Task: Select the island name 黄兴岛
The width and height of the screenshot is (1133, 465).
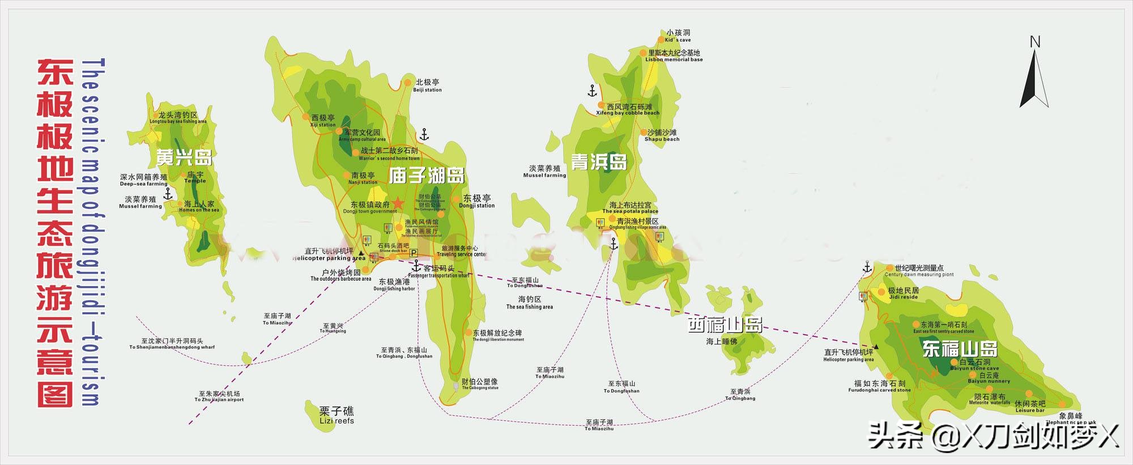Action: (184, 157)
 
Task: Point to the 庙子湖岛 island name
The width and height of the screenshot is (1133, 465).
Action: (427, 176)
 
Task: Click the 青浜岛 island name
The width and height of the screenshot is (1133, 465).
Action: (599, 162)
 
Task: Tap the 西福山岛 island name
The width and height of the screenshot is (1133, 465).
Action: (725, 325)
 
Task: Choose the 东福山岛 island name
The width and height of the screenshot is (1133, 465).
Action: (960, 348)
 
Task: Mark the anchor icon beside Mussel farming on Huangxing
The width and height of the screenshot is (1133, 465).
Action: (168, 194)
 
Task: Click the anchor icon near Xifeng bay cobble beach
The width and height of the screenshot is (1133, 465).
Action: (593, 91)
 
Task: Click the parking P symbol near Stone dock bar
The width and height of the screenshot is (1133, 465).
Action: (414, 253)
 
